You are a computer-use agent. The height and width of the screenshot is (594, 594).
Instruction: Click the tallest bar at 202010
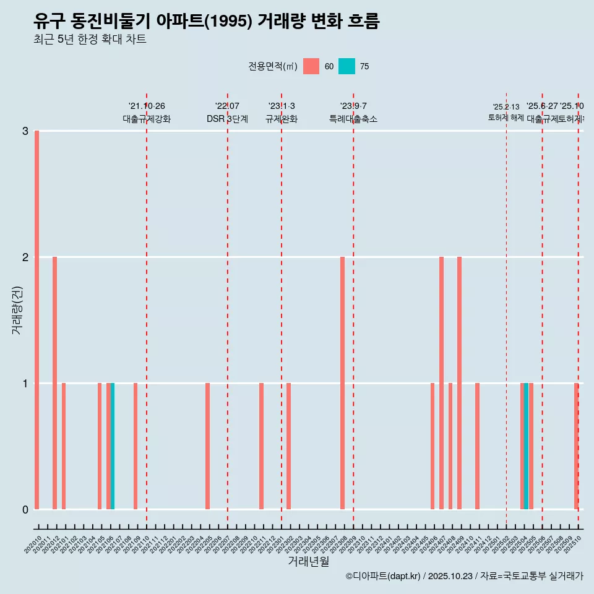(x=37, y=320)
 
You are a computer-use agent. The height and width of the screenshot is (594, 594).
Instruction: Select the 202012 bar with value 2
(x=55, y=383)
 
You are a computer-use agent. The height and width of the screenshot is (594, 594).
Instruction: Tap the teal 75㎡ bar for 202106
(x=113, y=446)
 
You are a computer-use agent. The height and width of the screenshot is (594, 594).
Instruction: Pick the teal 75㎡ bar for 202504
(x=526, y=446)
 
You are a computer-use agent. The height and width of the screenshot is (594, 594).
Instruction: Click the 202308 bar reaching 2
(x=342, y=383)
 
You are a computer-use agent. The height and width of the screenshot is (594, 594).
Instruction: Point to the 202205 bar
(x=207, y=446)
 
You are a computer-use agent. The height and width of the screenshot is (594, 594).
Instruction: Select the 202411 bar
(x=477, y=446)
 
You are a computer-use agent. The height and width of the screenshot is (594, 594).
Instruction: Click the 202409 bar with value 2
(x=459, y=383)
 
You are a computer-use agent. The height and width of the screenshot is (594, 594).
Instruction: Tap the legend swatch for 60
(x=311, y=66)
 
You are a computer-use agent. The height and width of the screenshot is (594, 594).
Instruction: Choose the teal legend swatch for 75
(x=346, y=66)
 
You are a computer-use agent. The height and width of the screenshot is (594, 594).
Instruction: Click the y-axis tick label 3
(x=25, y=131)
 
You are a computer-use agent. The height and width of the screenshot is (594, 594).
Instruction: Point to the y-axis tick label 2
(x=25, y=257)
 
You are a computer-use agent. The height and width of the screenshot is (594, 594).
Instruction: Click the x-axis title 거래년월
(x=308, y=561)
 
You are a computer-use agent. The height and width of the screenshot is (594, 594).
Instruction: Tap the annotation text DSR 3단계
(x=227, y=119)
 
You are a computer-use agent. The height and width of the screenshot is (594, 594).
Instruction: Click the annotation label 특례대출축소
(x=353, y=119)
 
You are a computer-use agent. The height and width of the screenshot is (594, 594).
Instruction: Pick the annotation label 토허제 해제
(x=506, y=118)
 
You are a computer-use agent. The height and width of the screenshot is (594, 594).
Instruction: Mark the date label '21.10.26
(x=147, y=106)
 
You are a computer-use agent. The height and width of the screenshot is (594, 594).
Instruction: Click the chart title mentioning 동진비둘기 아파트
(x=206, y=21)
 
